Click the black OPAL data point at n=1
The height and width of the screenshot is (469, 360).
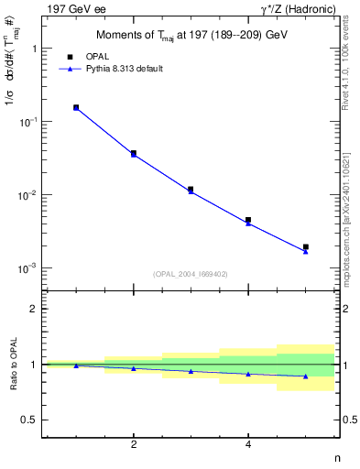(x=76, y=107)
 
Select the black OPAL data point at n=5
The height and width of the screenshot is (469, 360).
(x=306, y=246)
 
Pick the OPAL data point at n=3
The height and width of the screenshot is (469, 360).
(x=191, y=189)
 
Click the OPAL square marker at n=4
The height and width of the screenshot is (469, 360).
(x=248, y=220)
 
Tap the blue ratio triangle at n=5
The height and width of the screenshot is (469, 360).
(x=306, y=376)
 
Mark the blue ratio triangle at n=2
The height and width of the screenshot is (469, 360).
(x=134, y=368)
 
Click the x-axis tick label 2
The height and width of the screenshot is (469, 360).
(x=134, y=444)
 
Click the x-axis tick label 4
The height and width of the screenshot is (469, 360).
(x=248, y=444)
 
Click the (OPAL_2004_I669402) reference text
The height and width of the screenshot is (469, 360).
(x=191, y=273)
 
